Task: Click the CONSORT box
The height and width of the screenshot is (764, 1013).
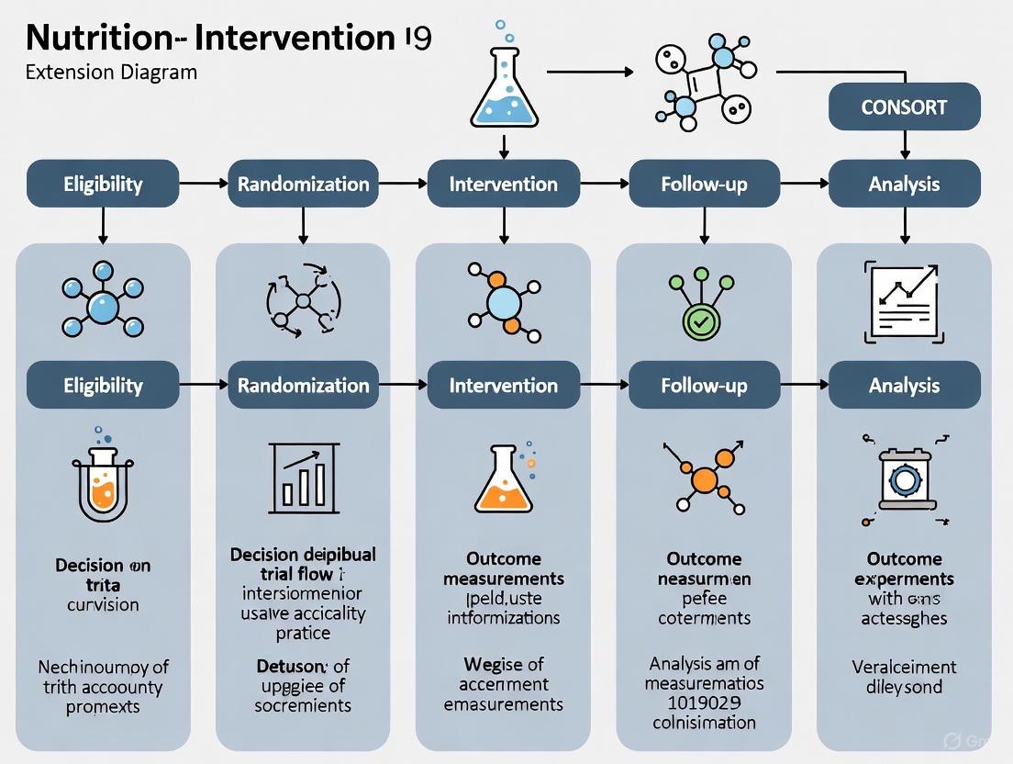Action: point(904,107)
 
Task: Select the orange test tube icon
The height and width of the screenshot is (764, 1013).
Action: point(103,477)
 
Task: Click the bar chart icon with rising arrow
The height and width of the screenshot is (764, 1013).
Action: point(304,476)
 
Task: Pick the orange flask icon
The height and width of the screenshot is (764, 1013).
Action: point(503,478)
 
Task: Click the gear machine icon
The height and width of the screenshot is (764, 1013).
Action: point(904,478)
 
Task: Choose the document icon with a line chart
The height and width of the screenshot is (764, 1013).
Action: point(904,300)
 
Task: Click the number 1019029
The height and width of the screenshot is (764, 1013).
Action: point(705,702)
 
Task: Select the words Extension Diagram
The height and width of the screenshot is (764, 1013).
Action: point(111,71)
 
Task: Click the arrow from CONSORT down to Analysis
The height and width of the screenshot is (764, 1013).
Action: point(905,143)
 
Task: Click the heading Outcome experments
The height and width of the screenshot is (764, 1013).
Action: point(904,568)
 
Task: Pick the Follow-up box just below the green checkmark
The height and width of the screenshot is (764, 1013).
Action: point(704,386)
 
